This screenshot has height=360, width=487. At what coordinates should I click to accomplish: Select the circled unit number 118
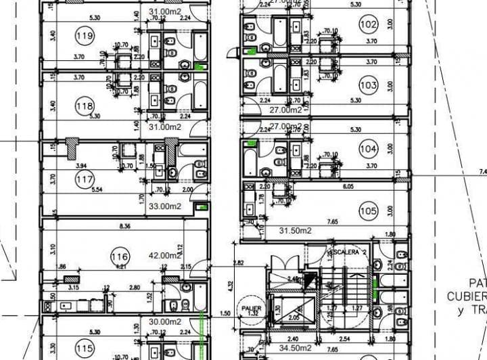click(85, 106)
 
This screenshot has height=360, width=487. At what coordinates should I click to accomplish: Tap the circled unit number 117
click(85, 179)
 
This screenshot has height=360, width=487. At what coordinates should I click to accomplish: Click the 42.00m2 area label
click(164, 256)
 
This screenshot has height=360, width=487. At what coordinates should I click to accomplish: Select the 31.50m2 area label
click(294, 230)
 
